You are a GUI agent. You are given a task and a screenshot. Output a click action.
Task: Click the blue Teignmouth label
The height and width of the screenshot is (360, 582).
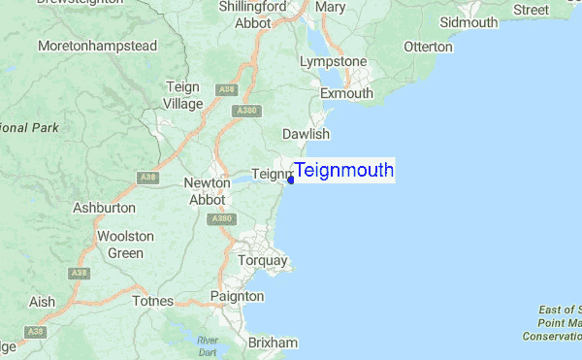click(344, 171)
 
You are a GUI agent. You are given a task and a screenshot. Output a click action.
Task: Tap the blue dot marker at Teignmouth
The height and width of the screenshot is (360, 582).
click(291, 180)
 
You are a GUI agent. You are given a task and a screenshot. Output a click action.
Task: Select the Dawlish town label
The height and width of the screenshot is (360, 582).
click(306, 134)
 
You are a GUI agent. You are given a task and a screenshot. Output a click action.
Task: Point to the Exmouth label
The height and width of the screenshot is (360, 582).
click(346, 94)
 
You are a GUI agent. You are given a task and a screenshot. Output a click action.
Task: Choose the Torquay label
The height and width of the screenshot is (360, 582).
click(263, 261)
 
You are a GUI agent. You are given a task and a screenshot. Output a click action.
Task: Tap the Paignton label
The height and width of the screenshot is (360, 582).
click(237, 296)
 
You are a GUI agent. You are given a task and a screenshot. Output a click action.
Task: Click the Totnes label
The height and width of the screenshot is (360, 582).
click(152, 302)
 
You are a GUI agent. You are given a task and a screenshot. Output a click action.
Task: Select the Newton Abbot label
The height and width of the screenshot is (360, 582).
click(205, 191)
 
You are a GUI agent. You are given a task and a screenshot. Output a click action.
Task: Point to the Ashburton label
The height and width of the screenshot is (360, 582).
click(104, 208)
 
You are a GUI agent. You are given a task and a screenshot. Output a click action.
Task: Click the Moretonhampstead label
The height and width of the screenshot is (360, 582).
click(97, 46)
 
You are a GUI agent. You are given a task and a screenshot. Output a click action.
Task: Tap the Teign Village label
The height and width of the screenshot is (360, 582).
click(183, 95)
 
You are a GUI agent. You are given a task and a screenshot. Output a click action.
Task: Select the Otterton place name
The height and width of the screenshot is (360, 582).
click(428, 47)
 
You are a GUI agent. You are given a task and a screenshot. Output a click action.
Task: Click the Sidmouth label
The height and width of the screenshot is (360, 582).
click(469, 21)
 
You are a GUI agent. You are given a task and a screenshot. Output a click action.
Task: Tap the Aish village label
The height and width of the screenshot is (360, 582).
click(42, 302)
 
